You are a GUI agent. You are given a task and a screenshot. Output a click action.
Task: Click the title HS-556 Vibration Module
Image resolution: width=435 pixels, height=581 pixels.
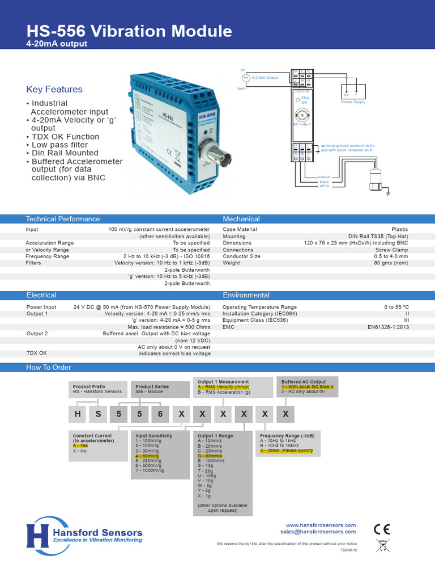pyautogui.click(x=129, y=31)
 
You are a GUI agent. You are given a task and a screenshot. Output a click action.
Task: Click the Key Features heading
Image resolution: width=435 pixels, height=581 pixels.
pyautogui.click(x=54, y=89)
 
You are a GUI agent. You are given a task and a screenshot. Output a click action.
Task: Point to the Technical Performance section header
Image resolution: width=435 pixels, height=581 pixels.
pyautogui.click(x=63, y=219)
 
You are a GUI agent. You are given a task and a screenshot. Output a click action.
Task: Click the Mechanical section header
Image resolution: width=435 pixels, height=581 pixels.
pyautogui.click(x=241, y=219)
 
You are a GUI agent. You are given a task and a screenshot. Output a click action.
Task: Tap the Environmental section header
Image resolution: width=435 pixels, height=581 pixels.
pyautogui.click(x=246, y=295)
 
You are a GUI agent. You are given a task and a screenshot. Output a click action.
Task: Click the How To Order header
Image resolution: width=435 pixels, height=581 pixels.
pyautogui.click(x=49, y=368)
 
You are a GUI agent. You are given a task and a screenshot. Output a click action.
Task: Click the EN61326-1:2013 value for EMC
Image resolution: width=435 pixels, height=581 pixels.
pyautogui.click(x=388, y=327)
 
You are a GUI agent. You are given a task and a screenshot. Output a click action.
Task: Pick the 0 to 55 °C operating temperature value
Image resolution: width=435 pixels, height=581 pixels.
pyautogui.click(x=396, y=307)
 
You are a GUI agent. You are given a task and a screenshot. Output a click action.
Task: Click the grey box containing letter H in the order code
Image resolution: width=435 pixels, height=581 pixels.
pyautogui.click(x=77, y=414)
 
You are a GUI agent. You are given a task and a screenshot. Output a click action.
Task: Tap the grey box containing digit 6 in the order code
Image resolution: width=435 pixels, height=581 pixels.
pyautogui.click(x=160, y=414)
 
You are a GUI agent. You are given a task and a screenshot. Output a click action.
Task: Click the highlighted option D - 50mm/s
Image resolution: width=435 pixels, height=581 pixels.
pyautogui.click(x=210, y=456)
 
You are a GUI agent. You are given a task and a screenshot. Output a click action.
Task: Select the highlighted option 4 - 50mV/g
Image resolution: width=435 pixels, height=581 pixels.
pyautogui.click(x=147, y=456)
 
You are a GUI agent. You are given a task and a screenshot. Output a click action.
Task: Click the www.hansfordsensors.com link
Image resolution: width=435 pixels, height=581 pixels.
pyautogui.click(x=321, y=525)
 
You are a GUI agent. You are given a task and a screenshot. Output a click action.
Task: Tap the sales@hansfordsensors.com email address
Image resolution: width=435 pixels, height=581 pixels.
pyautogui.click(x=318, y=532)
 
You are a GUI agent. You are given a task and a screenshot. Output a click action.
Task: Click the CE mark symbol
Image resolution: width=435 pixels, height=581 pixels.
pyautogui.click(x=382, y=529)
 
